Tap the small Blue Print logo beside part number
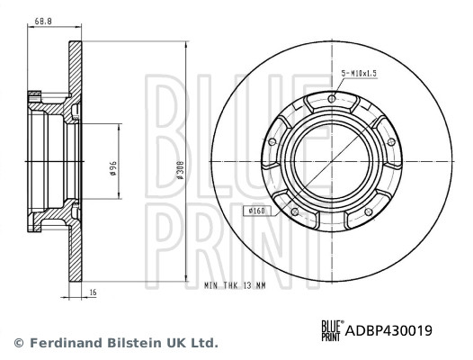333,330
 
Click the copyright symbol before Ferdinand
18,343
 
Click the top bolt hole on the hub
332,99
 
